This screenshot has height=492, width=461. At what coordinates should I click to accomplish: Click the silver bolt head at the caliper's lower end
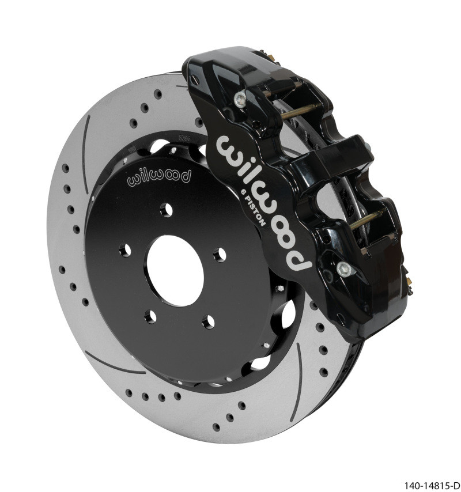344,267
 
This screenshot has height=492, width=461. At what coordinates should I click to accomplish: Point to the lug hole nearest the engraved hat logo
167,210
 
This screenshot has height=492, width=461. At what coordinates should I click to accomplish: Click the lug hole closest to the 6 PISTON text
219,253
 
